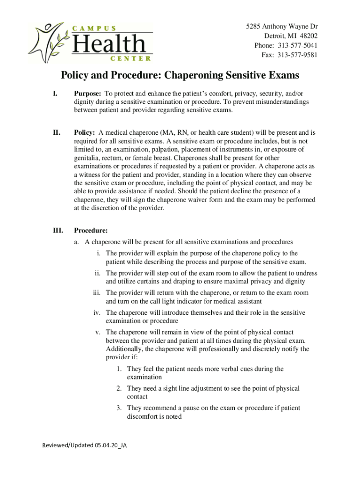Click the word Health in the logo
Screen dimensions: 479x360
point(108,44)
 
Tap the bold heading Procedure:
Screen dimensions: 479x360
point(91,231)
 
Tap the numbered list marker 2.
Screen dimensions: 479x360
point(120,388)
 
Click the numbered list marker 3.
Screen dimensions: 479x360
point(120,408)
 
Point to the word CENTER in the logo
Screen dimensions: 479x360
point(130,58)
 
